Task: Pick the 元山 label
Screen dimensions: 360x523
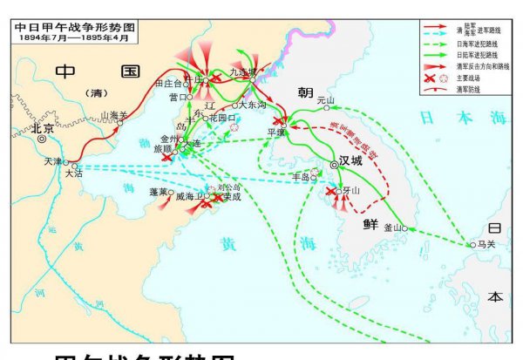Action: coord(326,100)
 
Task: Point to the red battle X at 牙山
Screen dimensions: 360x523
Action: coord(329,191)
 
